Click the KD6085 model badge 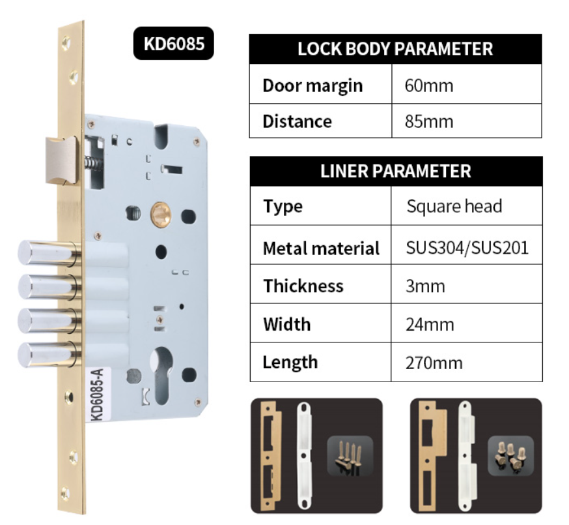point(174,44)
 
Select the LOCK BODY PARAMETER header point(395,49)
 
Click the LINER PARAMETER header point(395,172)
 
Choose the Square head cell point(454,207)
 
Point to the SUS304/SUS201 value point(466,248)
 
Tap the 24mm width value point(429,324)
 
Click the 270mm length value point(434,362)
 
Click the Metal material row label point(320,248)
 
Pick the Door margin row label point(312,85)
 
